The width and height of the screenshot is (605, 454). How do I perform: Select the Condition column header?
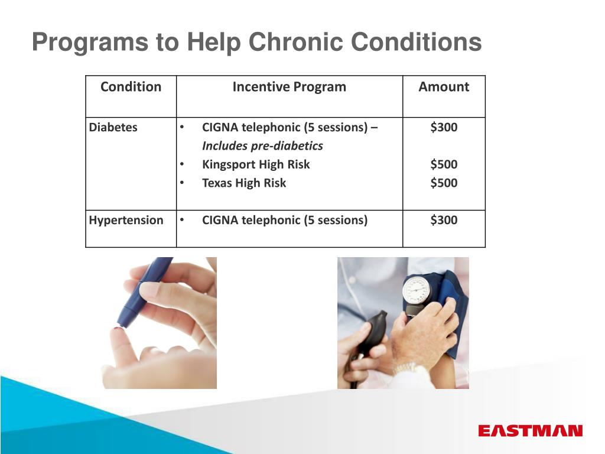click(x=131, y=86)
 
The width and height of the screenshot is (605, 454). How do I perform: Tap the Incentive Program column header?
click(x=290, y=87)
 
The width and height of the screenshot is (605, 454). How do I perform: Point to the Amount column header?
click(x=444, y=86)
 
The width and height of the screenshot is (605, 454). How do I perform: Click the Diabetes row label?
click(x=113, y=127)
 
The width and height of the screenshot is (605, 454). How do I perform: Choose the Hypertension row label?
click(x=126, y=220)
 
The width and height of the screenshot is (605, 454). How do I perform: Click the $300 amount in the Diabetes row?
click(x=444, y=127)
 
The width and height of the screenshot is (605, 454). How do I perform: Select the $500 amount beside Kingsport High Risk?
click(x=444, y=164)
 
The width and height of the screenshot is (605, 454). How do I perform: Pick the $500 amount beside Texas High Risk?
click(x=444, y=183)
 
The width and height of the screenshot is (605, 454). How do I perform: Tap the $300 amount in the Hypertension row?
click(x=444, y=220)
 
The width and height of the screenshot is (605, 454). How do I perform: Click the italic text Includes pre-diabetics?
click(x=262, y=146)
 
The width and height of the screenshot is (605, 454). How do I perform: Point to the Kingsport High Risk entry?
click(x=256, y=164)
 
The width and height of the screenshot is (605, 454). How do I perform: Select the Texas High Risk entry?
click(x=244, y=183)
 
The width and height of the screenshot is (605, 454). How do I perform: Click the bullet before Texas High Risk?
click(x=182, y=183)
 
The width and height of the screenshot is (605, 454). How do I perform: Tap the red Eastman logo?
click(x=530, y=430)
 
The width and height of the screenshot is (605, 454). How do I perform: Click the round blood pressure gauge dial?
click(x=417, y=290)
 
